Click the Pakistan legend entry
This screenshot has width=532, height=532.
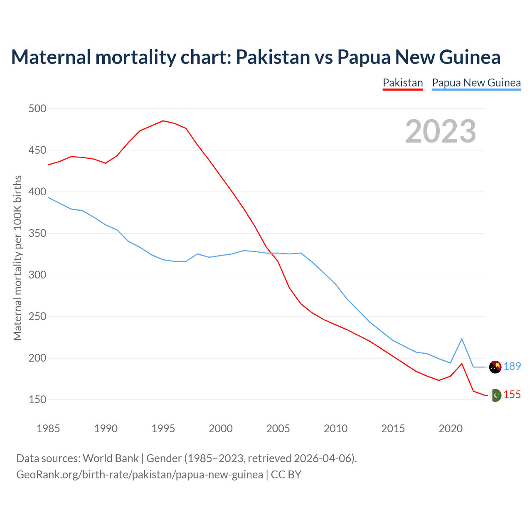point(403,83)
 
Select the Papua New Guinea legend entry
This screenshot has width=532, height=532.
point(476,83)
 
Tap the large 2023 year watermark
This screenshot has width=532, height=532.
point(441,131)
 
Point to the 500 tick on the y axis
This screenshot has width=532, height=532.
point(37,109)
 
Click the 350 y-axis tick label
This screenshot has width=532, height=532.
point(37,234)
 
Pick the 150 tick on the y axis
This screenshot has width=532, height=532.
point(37,400)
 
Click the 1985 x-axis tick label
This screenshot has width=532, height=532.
point(48,429)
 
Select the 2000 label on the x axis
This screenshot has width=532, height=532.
point(221,429)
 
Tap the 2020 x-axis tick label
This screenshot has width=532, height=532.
point(451,429)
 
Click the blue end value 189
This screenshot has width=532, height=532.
point(512,366)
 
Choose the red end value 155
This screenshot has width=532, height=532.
point(512,394)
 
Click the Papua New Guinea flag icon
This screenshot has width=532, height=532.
point(495,367)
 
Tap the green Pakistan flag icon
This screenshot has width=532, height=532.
point(495,395)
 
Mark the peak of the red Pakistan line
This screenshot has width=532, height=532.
point(163,121)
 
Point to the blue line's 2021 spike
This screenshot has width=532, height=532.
point(462,339)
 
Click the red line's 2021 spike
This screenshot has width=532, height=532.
point(462,364)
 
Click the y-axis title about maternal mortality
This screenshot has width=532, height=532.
point(17,258)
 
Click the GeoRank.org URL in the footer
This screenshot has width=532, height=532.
point(140,474)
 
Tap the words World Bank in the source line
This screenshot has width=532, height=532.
point(111,458)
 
